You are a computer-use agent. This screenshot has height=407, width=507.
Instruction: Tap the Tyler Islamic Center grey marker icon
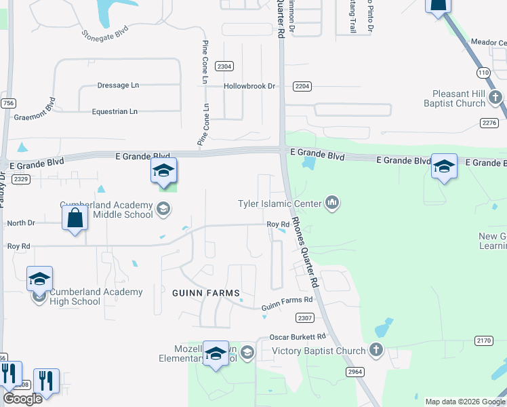click(x=332, y=202)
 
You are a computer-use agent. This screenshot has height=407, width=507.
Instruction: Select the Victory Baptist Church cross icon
click(x=377, y=351)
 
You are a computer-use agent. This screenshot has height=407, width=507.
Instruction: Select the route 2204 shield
click(x=302, y=86)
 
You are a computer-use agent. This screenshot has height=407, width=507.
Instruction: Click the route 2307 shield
click(x=305, y=317)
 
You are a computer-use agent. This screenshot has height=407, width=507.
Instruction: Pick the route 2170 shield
click(x=484, y=341)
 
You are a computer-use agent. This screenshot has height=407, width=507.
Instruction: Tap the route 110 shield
click(x=483, y=71)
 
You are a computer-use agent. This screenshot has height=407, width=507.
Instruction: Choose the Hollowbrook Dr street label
click(x=250, y=87)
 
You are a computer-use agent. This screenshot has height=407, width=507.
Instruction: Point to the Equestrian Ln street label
click(x=116, y=111)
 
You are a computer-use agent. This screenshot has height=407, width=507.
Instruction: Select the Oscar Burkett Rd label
click(x=298, y=336)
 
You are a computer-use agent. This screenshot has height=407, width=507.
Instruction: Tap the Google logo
click(x=22, y=399)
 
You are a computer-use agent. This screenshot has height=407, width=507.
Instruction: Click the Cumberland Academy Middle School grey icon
click(x=163, y=209)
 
